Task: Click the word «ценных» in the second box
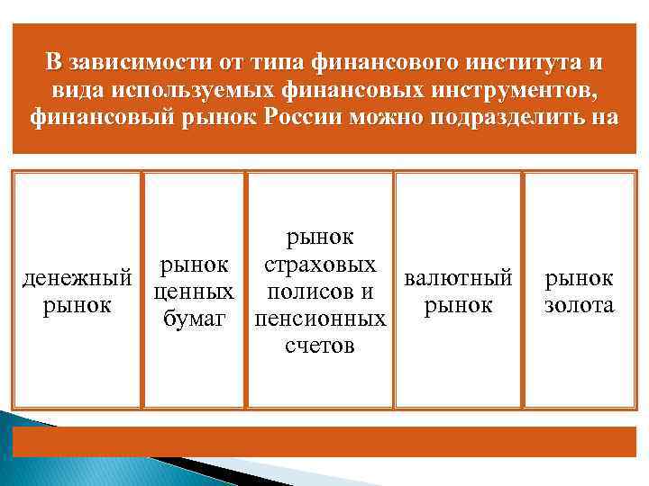click(x=194, y=292)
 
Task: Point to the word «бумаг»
click(x=194, y=318)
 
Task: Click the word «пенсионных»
click(x=321, y=319)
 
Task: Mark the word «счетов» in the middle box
click(x=321, y=345)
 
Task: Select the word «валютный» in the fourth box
click(x=459, y=278)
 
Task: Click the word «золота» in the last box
click(x=580, y=305)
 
